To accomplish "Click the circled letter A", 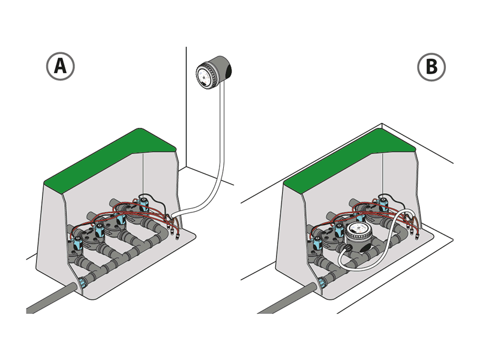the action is [x=61, y=66].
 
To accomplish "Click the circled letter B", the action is [x=431, y=67].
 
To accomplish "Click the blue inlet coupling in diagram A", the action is [x=83, y=281].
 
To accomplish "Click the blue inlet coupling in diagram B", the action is [x=322, y=281].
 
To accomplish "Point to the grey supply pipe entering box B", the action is [x=288, y=298].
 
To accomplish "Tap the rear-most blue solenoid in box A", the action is [x=143, y=203].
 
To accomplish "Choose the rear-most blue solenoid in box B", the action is [x=382, y=203].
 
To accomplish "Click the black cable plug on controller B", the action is [x=347, y=247].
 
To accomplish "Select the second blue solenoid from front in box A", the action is [x=99, y=230].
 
